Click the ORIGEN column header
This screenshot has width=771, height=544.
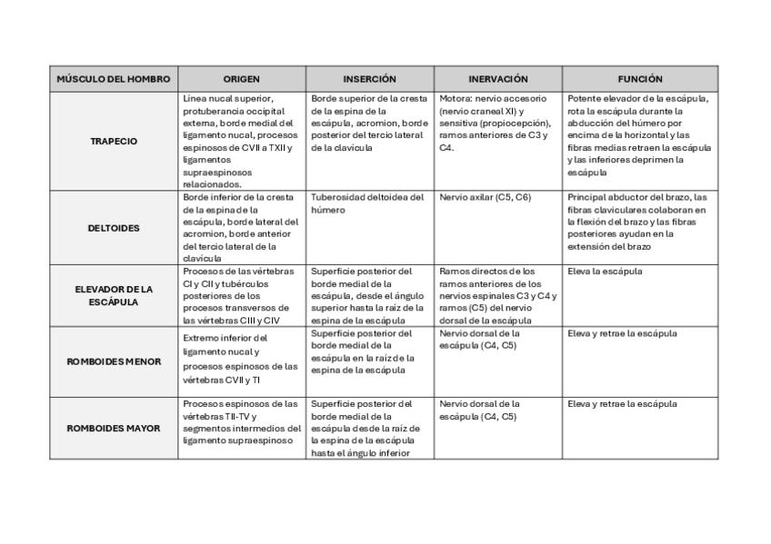[x=241, y=79]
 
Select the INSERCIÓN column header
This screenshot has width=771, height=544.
[x=369, y=79]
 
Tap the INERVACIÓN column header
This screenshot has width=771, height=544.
[x=497, y=79]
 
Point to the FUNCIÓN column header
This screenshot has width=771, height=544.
[x=640, y=79]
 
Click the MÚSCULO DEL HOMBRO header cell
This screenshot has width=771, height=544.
[x=114, y=79]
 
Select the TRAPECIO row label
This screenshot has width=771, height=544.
[x=114, y=142]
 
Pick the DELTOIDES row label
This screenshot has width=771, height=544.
[x=114, y=228]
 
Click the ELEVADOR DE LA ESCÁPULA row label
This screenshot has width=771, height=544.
[x=114, y=295]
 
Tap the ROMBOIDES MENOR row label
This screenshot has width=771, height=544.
[x=114, y=361]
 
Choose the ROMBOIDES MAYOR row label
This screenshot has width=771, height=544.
[x=114, y=428]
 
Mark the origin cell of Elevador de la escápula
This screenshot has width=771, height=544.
[x=240, y=295]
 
